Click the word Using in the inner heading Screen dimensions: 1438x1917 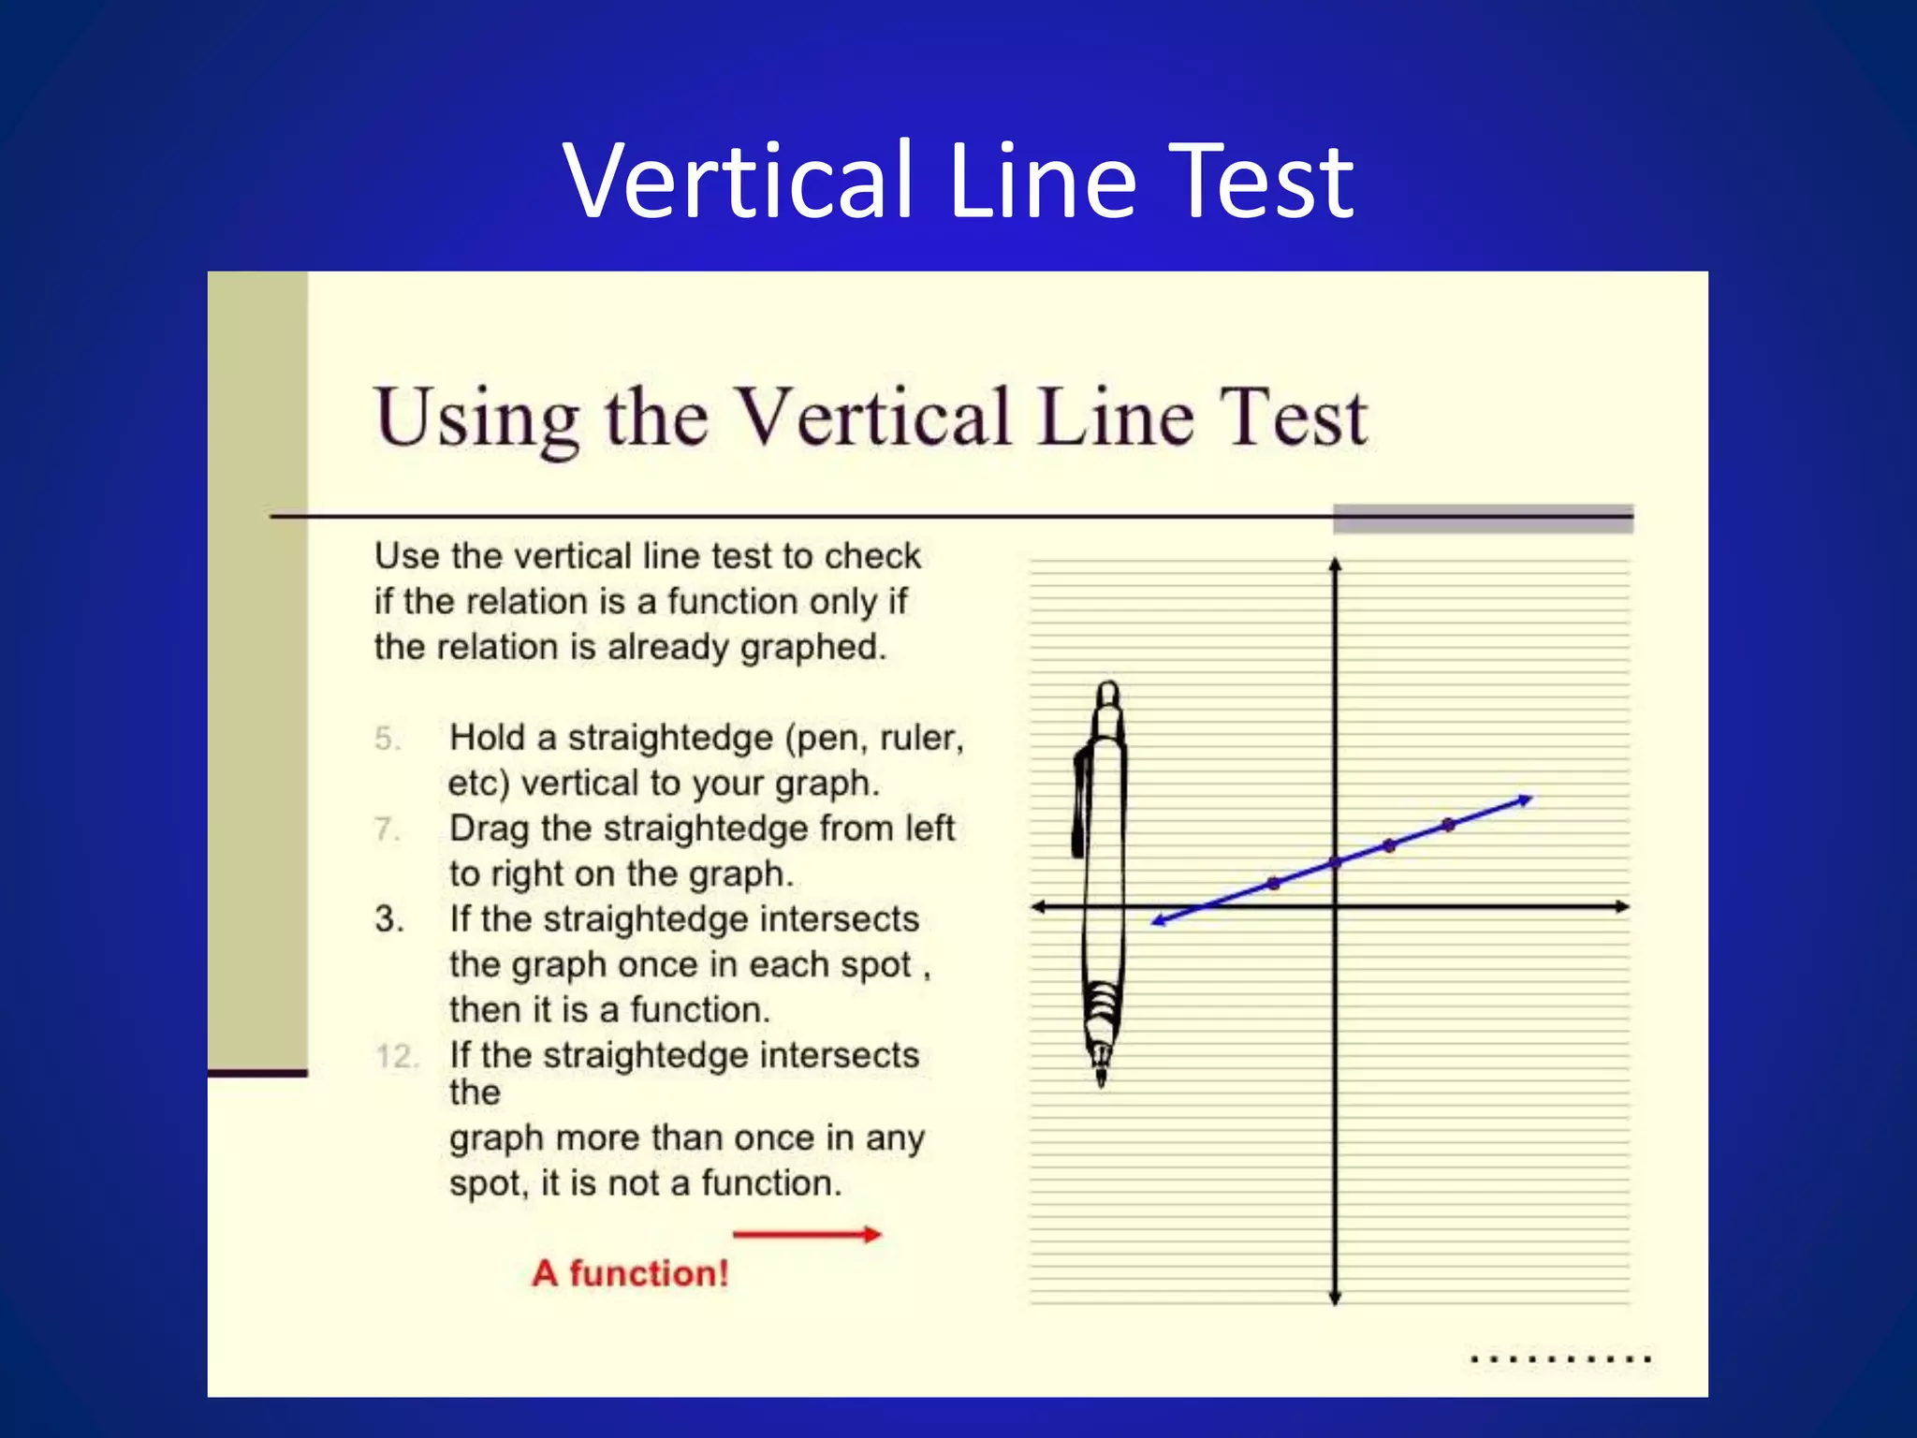pos(476,418)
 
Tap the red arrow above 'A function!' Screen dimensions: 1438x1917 pos(807,1235)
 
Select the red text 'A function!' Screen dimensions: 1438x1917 pos(630,1273)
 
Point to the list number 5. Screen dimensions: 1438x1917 pos(387,739)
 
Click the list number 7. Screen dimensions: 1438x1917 pos(387,829)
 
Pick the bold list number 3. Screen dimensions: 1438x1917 pos(388,919)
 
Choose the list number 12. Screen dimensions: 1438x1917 pos(397,1057)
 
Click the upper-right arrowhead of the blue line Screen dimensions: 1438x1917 pos(1526,800)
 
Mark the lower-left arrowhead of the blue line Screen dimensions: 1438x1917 pos(1158,922)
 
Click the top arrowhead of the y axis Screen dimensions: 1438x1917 pos(1336,564)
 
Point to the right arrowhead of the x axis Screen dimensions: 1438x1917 pos(1623,906)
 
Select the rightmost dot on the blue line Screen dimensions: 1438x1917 pos(1449,825)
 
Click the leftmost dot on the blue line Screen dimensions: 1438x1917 pos(1273,883)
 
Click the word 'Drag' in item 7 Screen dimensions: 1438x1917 pos(490,829)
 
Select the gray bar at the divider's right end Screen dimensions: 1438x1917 pos(1483,519)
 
